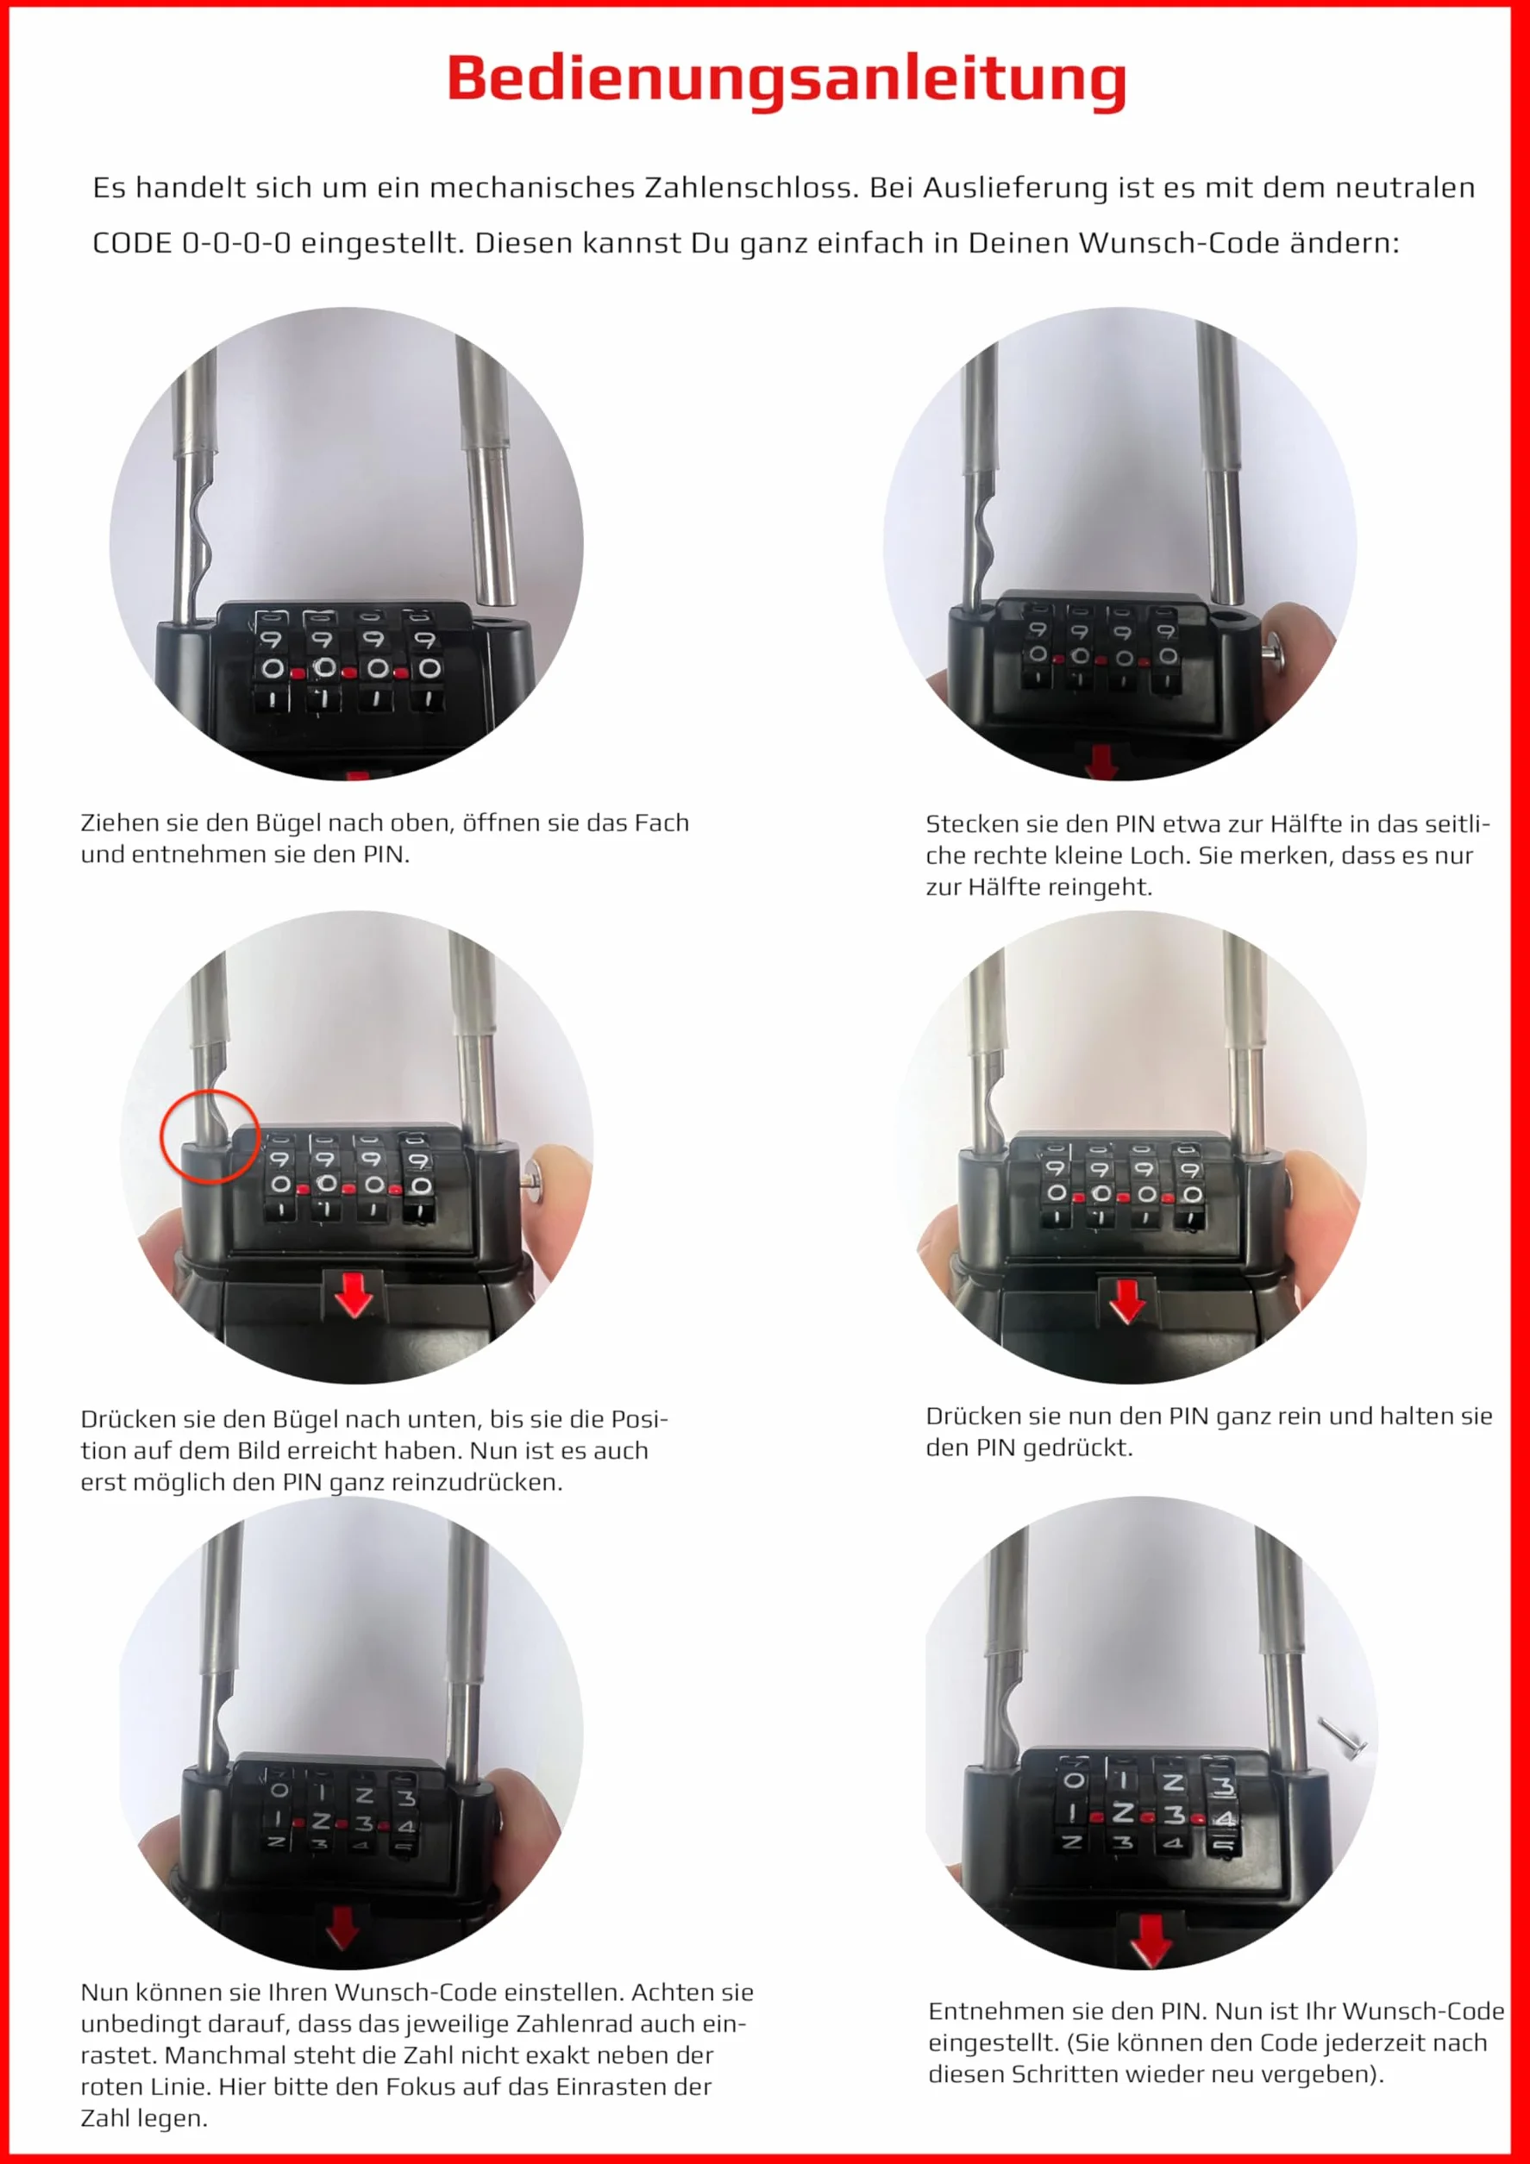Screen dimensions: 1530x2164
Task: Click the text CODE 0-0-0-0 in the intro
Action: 191,243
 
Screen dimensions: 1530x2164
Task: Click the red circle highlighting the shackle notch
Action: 210,1136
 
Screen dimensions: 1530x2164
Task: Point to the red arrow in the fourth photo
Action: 1127,1302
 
